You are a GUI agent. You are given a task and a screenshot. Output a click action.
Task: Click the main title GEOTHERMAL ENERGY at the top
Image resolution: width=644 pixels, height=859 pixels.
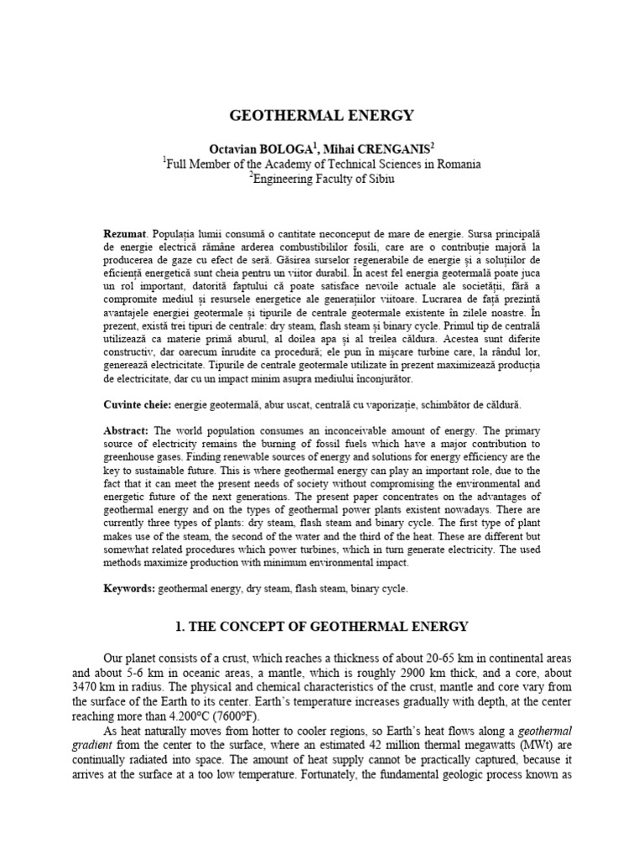point(322,115)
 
